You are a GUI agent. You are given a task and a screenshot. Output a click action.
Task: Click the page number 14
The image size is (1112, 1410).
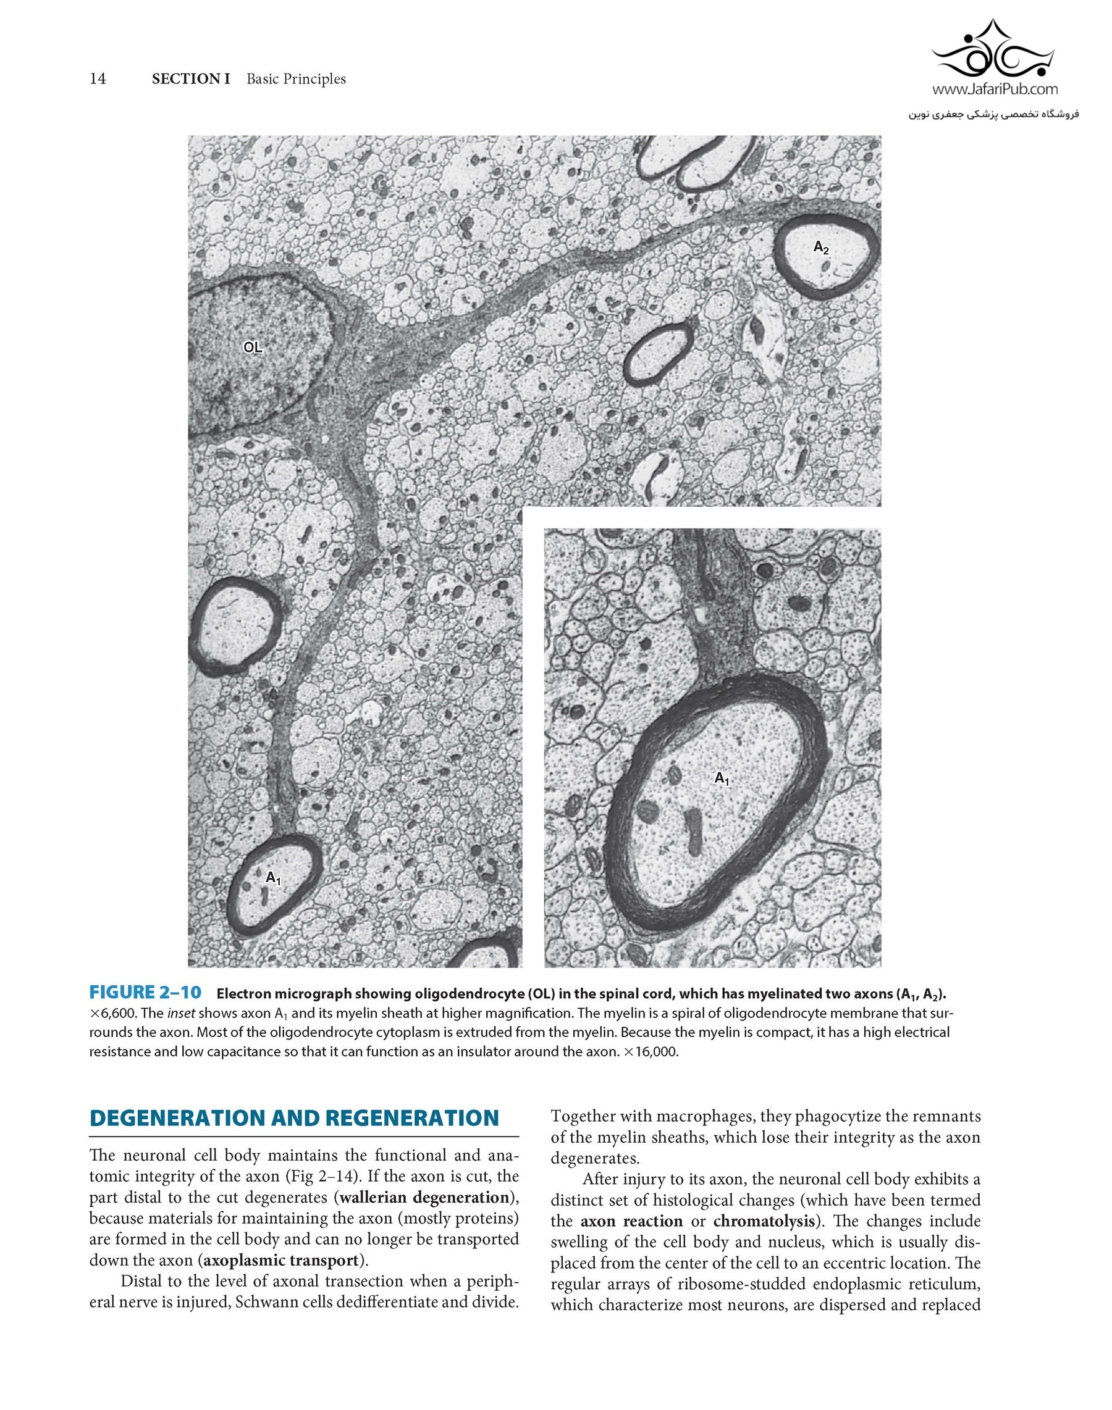98,79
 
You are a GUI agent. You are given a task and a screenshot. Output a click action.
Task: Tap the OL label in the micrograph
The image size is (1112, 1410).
253,348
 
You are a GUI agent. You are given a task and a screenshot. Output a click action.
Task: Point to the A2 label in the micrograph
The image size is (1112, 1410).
821,248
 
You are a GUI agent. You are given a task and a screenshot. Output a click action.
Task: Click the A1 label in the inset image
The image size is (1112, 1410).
722,778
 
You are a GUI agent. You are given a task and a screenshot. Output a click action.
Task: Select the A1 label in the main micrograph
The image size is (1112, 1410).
274,878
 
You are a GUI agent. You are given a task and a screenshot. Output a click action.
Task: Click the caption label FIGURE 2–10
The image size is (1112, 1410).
145,993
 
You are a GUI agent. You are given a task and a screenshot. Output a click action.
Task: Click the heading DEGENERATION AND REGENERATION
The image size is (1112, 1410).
294,1118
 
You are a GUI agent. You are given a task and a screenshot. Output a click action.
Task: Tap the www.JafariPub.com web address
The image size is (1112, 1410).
995,89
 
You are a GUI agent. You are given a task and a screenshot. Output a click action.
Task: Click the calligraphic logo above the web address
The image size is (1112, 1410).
993,51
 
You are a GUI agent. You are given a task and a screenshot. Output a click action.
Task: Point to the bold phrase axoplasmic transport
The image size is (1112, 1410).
281,1261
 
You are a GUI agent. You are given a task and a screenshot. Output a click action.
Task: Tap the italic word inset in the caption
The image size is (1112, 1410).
181,1013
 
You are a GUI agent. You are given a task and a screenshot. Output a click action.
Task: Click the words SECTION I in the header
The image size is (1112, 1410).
191,79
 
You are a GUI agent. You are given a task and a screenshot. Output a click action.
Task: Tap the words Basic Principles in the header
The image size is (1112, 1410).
297,79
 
